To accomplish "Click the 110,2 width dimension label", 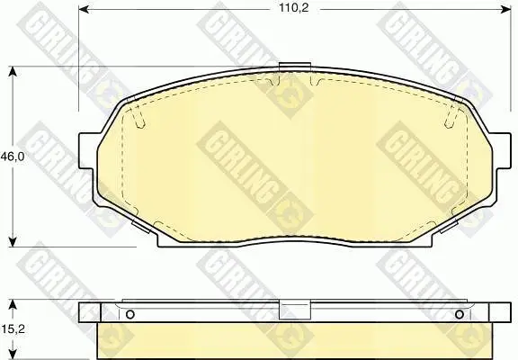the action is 294,8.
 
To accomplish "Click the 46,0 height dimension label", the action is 13,157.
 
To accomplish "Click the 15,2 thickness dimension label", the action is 13,328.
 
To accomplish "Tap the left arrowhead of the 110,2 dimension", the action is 85,9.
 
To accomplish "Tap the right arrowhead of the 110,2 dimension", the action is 505,9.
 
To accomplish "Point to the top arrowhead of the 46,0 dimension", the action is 13,72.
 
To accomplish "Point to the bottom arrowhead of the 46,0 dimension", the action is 13,241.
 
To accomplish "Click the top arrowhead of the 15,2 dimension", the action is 13,304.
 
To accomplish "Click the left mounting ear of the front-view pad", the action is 88,150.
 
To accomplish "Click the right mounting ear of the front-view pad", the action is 500,150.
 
